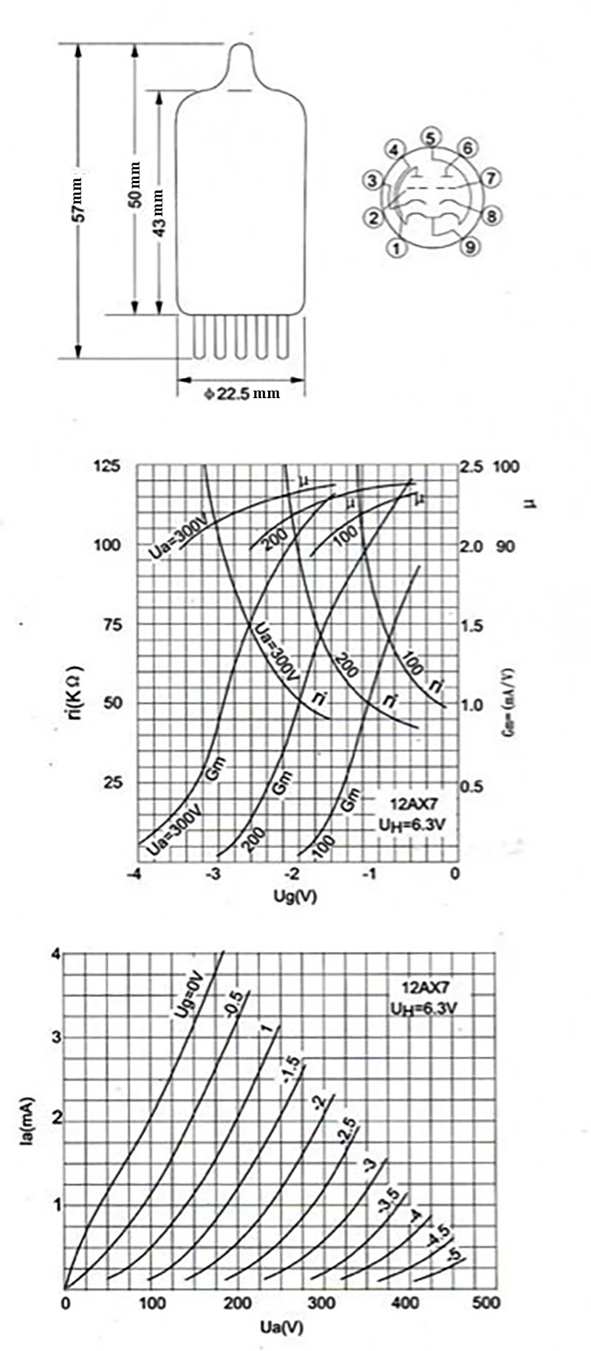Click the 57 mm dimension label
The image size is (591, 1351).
pos(81,200)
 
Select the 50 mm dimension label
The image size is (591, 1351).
pos(134,185)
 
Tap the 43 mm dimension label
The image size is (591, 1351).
pos(160,213)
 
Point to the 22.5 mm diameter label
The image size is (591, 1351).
pos(242,394)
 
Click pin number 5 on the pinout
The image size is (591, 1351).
pos(431,137)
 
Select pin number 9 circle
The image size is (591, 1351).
pos(471,247)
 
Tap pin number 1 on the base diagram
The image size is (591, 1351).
pos(397,248)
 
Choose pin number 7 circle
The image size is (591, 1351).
pos(491,179)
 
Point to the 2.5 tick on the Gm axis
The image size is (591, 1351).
pos(471,467)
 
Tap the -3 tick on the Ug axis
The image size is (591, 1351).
pos(213,874)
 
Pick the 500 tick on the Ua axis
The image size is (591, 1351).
pos(486,1302)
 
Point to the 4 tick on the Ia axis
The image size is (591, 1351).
pos(55,954)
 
